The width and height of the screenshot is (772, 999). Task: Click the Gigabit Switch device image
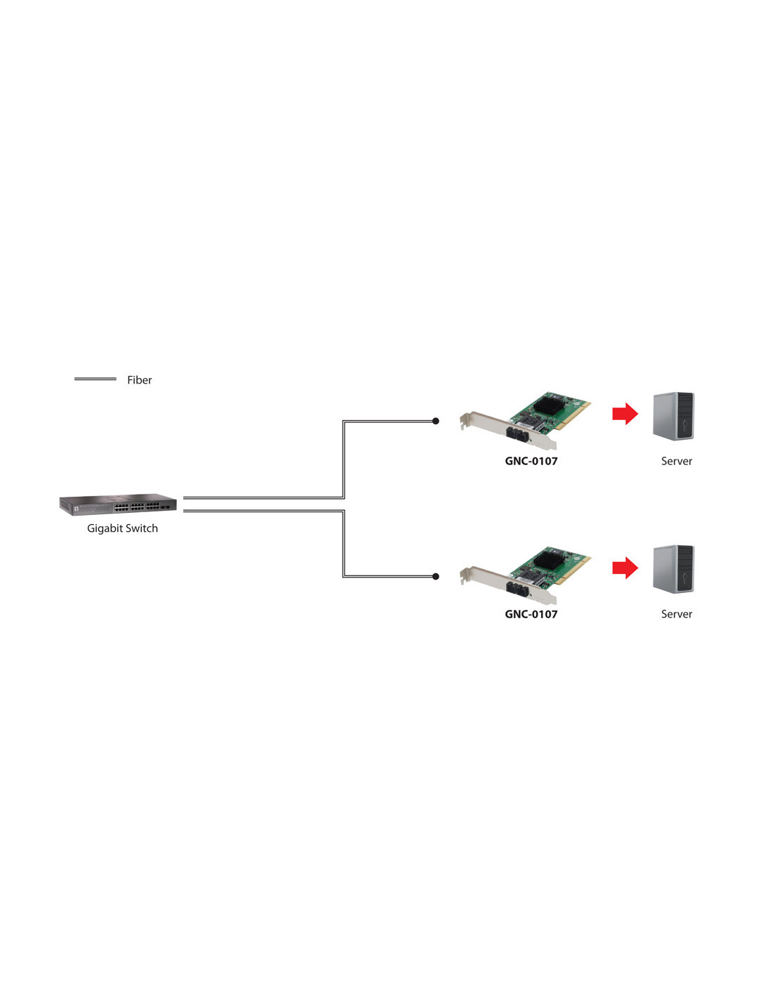click(118, 504)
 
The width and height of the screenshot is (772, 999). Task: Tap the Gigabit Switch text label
click(122, 528)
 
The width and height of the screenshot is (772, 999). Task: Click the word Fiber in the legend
click(139, 380)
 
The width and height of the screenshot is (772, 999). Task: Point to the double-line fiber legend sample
click(95, 379)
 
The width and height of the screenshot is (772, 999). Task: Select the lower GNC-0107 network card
click(526, 575)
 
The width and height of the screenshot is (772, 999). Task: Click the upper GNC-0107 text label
click(531, 462)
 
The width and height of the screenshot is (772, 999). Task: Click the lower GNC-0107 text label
click(531, 614)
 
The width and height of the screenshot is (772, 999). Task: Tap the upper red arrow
click(625, 414)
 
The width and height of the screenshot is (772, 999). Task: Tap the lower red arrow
click(625, 568)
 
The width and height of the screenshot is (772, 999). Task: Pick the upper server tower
click(673, 416)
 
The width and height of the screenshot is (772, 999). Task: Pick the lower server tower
click(673, 569)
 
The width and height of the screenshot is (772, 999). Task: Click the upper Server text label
click(677, 462)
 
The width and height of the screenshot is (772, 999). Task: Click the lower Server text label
click(677, 614)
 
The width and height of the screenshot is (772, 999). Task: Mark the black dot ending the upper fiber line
click(436, 421)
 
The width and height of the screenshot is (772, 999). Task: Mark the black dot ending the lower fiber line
click(436, 577)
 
